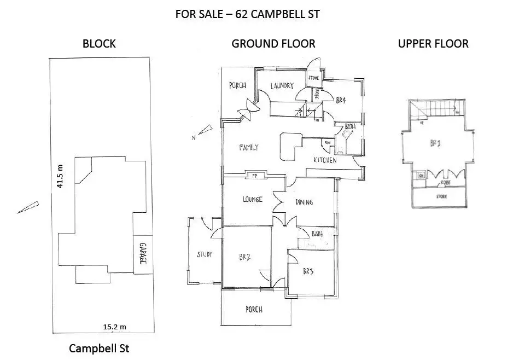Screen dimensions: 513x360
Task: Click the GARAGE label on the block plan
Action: [x=142, y=253]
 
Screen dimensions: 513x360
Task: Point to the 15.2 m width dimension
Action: [x=114, y=327]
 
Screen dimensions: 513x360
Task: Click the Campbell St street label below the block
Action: [x=99, y=349]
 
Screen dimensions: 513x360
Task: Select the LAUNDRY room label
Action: [x=281, y=85]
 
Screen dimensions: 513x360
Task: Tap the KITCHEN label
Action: [x=324, y=160]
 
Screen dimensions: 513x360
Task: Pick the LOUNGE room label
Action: [x=252, y=199]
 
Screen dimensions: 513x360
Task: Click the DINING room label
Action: [x=304, y=202]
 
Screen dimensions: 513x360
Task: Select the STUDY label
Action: [x=205, y=254]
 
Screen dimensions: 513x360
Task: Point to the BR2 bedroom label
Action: [x=244, y=257]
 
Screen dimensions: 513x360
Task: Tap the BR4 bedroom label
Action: [x=341, y=100]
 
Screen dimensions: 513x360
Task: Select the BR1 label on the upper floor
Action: [x=435, y=144]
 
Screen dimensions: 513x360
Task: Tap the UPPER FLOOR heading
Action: [x=433, y=44]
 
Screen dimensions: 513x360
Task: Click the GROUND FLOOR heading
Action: [x=273, y=44]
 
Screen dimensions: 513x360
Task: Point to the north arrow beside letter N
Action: [x=205, y=130]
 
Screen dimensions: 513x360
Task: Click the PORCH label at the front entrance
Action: [x=252, y=309]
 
